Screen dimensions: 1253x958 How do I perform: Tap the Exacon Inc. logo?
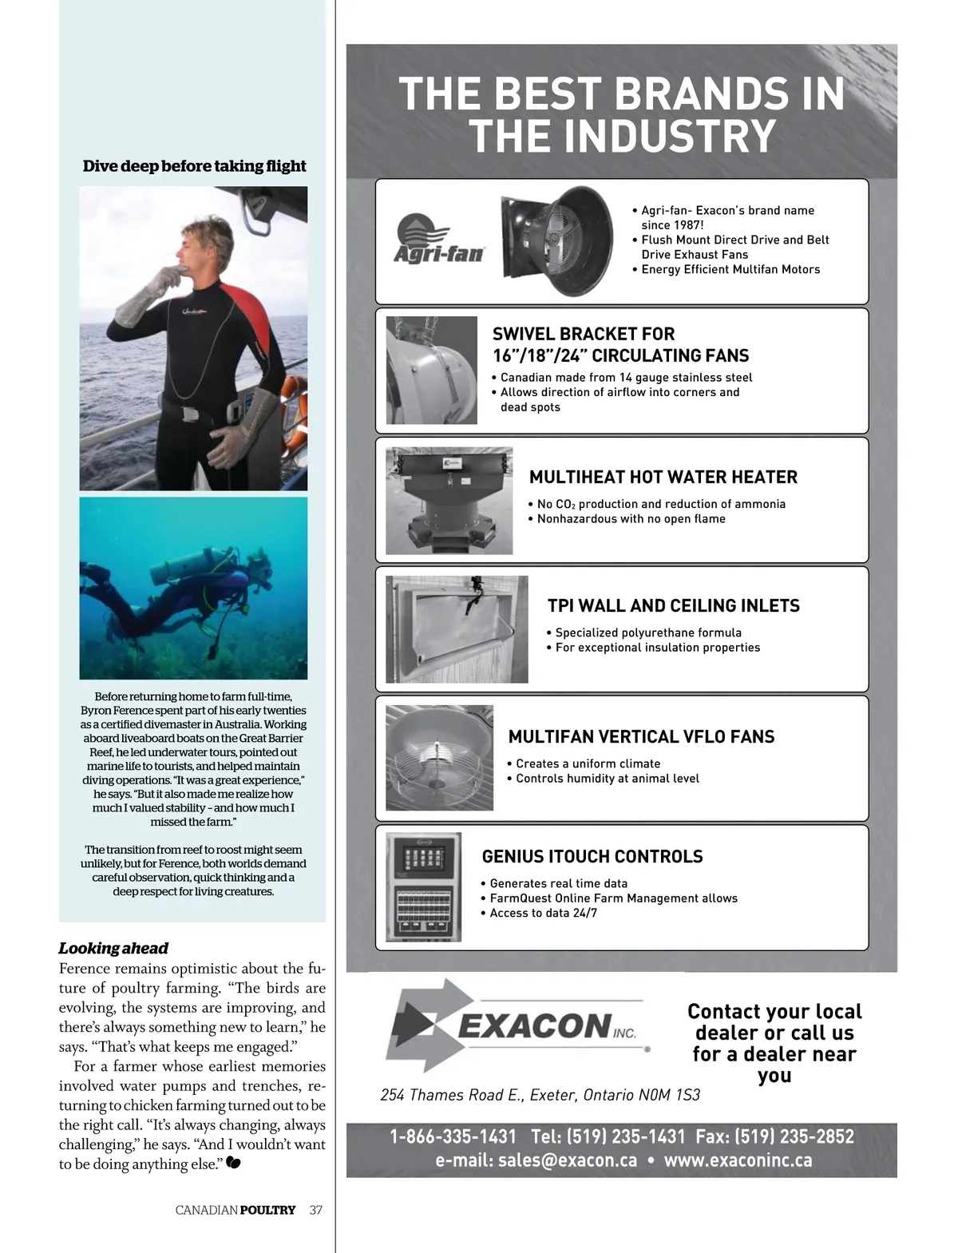tap(517, 1025)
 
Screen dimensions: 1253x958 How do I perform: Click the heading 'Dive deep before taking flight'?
tap(194, 166)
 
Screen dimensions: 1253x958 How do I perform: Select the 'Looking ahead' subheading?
tap(113, 948)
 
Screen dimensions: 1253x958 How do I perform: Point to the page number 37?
tap(316, 1210)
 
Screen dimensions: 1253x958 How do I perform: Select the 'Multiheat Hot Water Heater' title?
tap(663, 477)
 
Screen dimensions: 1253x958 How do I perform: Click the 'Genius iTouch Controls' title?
tap(592, 856)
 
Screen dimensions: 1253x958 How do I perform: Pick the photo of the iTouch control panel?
tap(423, 887)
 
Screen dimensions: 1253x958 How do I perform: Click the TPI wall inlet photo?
tap(457, 628)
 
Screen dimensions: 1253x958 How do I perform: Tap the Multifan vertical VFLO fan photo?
tap(439, 757)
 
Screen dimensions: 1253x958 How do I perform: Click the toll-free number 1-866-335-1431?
tap(453, 1136)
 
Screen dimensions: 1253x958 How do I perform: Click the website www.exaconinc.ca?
tap(738, 1160)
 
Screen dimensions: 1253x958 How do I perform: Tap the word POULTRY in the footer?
tap(267, 1210)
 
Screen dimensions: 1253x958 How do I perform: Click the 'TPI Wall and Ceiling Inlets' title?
tap(673, 605)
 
